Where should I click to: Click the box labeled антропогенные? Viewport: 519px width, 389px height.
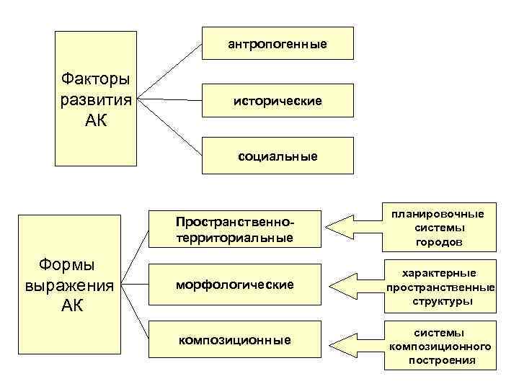(x=278, y=44)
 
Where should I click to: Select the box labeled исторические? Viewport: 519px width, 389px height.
(x=278, y=100)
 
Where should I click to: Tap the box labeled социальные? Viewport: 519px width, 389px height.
(x=278, y=156)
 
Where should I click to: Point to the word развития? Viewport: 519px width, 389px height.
(x=97, y=99)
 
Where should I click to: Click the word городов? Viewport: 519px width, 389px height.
(x=438, y=242)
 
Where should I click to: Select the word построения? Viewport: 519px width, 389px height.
(x=442, y=360)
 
